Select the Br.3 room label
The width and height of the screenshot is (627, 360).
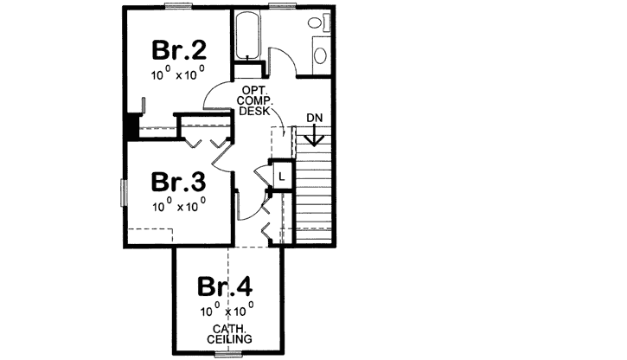coord(178,183)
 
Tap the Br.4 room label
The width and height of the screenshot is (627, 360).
coord(226,286)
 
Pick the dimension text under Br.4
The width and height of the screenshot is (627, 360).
coord(227,310)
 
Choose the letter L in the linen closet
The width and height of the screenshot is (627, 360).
coord(282,177)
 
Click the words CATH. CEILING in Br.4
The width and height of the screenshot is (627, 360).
coord(227,335)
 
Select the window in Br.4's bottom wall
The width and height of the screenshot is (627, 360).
coord(227,354)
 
